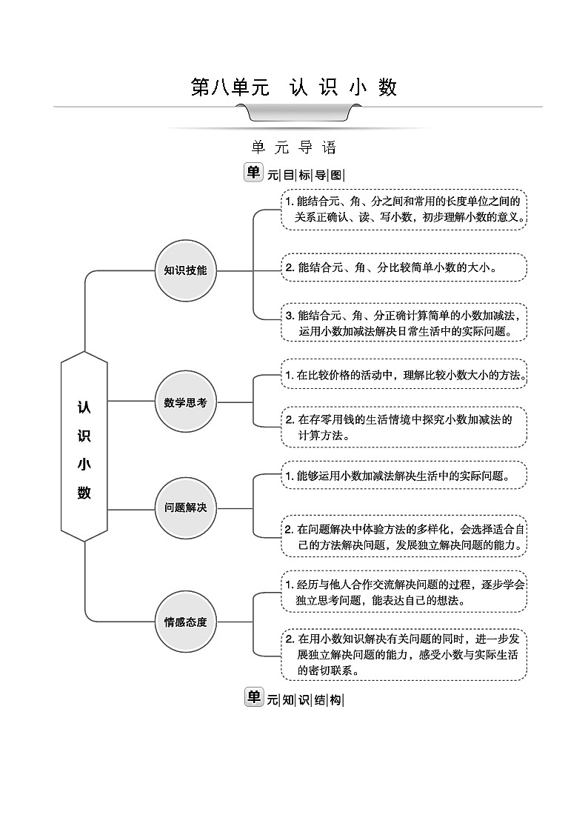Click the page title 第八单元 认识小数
click(294, 87)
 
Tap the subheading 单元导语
click(294, 147)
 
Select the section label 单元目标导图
click(294, 174)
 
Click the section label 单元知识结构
click(294, 699)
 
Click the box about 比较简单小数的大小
click(404, 267)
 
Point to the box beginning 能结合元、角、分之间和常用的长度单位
click(404, 209)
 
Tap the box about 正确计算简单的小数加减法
click(404, 323)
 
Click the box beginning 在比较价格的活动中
click(404, 376)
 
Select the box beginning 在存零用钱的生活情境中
click(404, 427)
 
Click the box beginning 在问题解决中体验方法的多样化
click(404, 537)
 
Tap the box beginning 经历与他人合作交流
click(404, 592)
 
